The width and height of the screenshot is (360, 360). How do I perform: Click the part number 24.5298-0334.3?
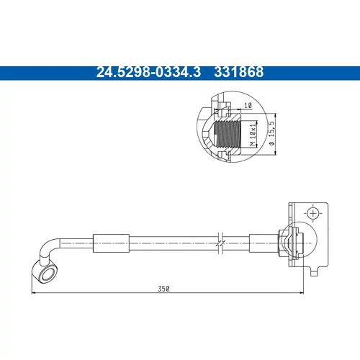tap(148, 72)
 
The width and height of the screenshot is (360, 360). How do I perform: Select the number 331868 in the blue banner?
tap(239, 72)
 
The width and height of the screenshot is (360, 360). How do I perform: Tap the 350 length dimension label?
tap(163, 289)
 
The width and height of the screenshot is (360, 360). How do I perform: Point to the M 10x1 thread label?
tap(253, 135)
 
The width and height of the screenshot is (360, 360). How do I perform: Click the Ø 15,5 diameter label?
tap(271, 133)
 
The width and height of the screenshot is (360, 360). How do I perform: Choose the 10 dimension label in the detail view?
tap(248, 105)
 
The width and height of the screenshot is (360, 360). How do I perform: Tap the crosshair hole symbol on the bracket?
tap(313, 213)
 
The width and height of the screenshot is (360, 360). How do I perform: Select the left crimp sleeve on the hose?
tap(111, 243)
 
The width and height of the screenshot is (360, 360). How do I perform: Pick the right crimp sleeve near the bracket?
tap(264, 243)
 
